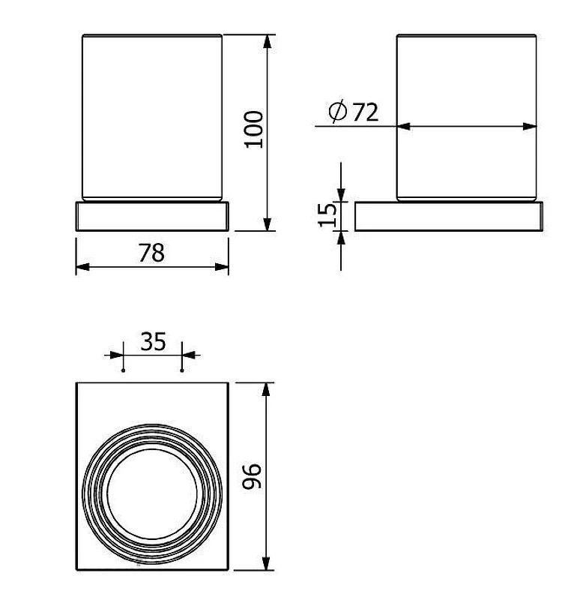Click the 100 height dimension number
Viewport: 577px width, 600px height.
(x=254, y=129)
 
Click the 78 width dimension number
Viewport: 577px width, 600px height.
(x=151, y=253)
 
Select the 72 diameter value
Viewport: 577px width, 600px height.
(x=365, y=112)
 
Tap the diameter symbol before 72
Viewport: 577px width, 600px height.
(x=338, y=112)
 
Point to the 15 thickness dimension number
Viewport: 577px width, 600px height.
(x=327, y=215)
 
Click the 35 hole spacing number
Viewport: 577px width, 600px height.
(x=153, y=342)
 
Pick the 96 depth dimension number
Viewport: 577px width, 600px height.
(x=253, y=476)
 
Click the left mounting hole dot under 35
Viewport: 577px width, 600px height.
(x=123, y=370)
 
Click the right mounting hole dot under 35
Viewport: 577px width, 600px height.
(x=182, y=370)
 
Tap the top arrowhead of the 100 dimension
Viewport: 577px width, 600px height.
(x=268, y=41)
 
